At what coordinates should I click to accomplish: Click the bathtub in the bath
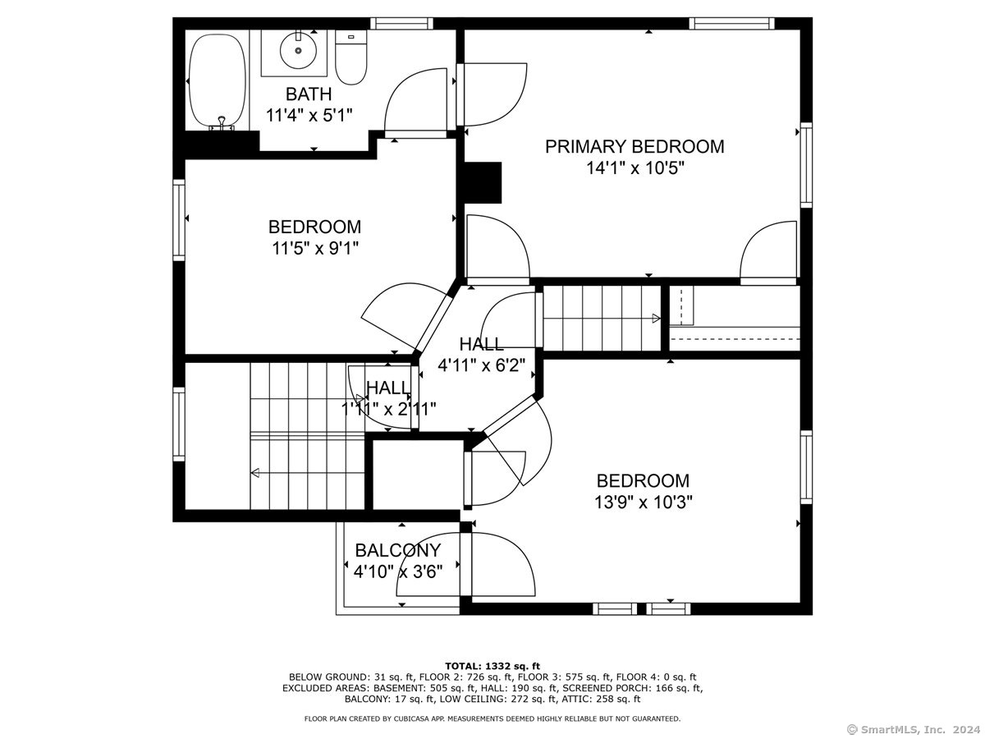click(x=218, y=80)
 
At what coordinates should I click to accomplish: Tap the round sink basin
click(x=298, y=50)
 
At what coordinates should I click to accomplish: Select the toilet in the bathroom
click(x=351, y=57)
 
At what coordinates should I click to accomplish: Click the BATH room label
click(x=309, y=94)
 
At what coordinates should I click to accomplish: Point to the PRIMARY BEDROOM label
click(x=635, y=147)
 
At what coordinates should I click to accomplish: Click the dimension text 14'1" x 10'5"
click(x=635, y=168)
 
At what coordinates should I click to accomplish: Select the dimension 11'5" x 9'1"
click(x=315, y=248)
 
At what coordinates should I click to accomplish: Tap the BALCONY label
click(x=398, y=550)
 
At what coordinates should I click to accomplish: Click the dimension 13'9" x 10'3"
click(x=643, y=502)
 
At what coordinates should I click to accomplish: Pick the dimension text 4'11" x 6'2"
click(x=481, y=365)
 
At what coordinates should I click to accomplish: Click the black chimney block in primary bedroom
click(x=483, y=182)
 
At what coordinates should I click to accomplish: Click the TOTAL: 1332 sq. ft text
click(x=492, y=666)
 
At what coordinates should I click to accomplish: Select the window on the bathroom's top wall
click(x=401, y=23)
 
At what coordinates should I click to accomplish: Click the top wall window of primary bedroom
click(x=732, y=23)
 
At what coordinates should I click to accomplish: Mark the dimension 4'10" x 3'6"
click(x=398, y=571)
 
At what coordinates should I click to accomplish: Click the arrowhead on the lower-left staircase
click(x=255, y=472)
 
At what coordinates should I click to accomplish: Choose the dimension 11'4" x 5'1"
click(x=309, y=115)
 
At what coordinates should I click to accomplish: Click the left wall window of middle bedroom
click(x=179, y=220)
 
